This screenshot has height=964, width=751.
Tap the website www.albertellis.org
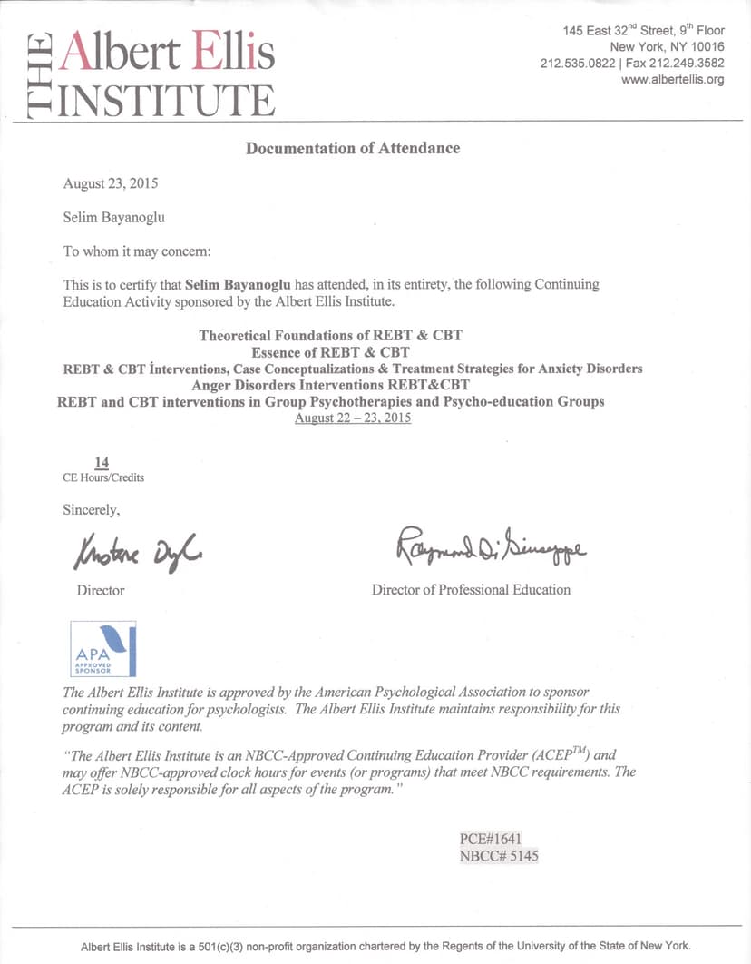(672, 80)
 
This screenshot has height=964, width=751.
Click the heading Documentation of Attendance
(353, 148)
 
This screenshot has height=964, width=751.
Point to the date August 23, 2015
(111, 183)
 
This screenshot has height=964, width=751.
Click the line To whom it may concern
(136, 251)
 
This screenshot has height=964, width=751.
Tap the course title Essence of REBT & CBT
(330, 352)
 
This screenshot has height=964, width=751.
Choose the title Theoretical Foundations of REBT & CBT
(330, 336)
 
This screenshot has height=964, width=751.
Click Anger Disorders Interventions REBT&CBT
(330, 385)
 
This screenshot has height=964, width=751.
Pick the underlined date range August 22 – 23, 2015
(353, 418)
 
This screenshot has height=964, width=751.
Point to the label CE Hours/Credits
(103, 477)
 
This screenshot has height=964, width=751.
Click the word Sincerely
(91, 509)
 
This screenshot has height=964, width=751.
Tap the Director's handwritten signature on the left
(138, 548)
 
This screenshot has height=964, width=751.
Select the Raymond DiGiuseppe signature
(490, 545)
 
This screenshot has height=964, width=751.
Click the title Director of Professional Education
(471, 590)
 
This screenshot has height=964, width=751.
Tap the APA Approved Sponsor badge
(103, 649)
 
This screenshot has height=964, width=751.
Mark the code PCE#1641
(491, 839)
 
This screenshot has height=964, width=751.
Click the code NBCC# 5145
(499, 855)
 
